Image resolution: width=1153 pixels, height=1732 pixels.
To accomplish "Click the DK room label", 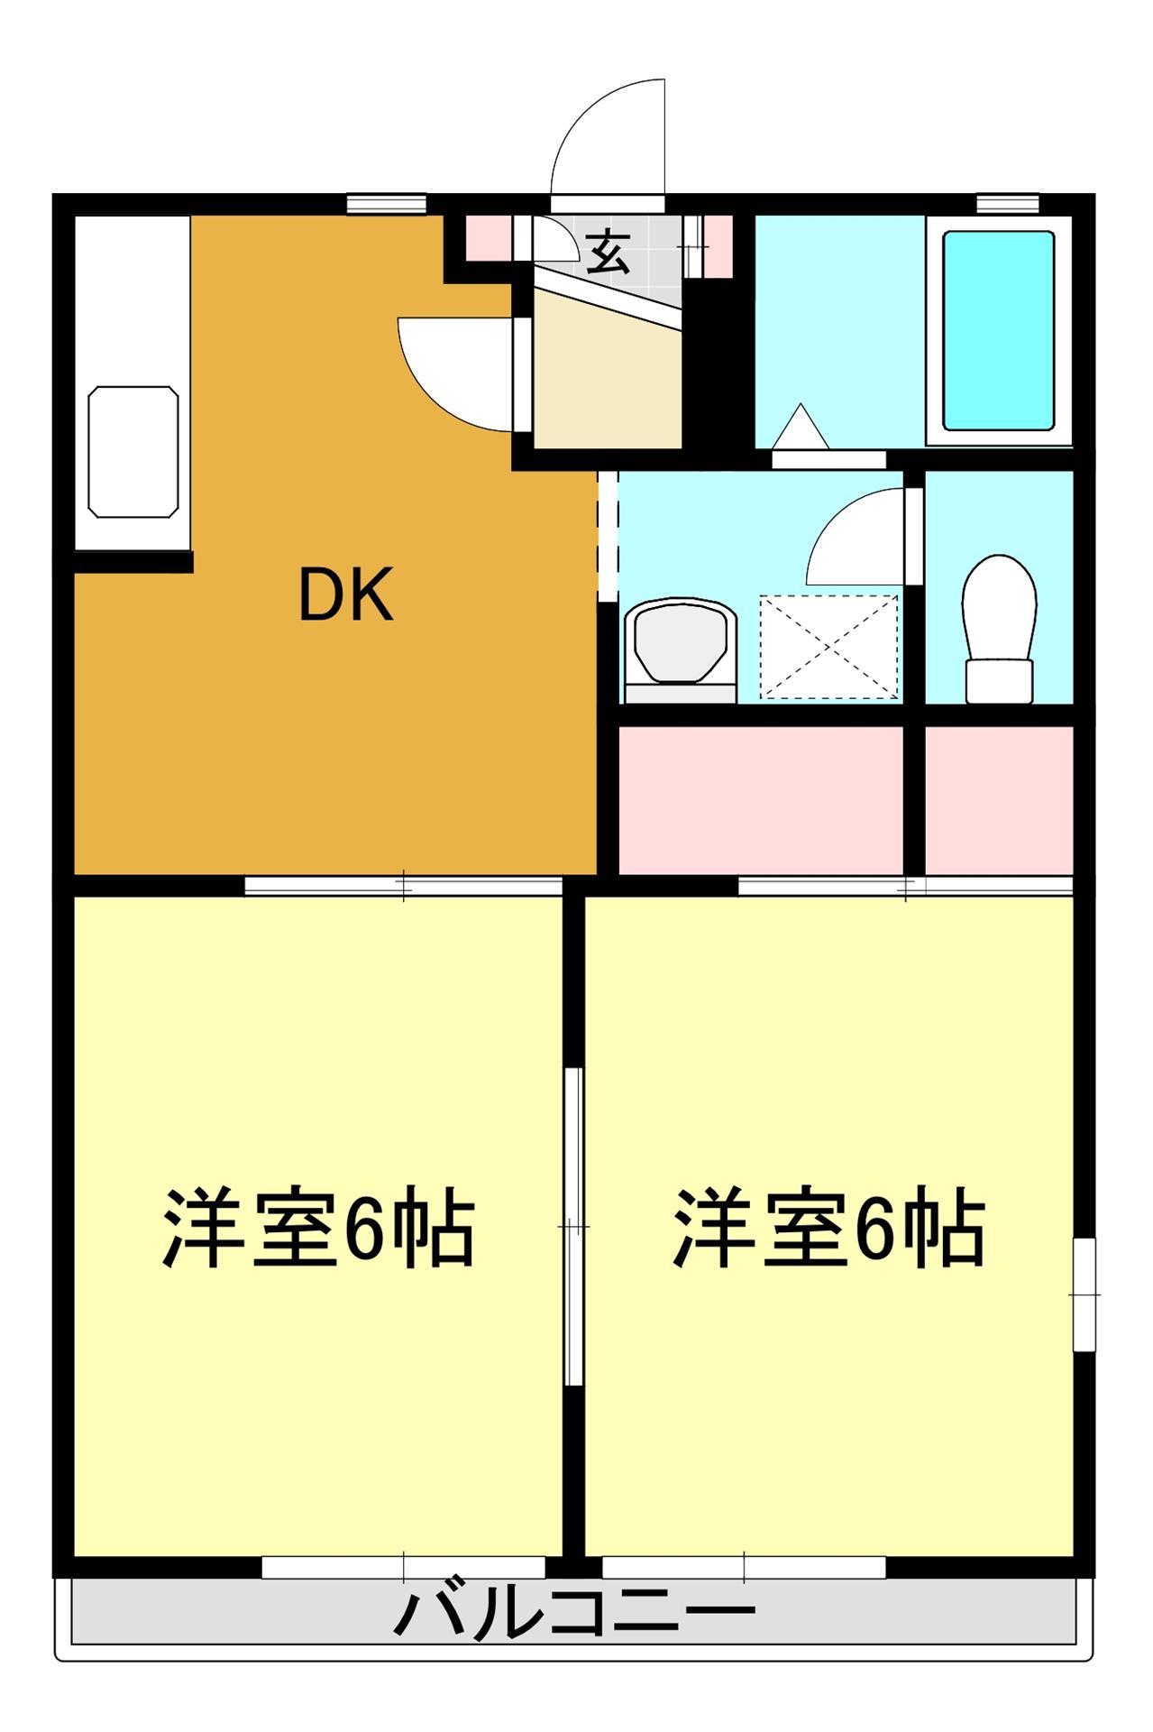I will [x=346, y=596].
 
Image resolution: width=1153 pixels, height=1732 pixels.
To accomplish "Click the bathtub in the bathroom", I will [x=998, y=331].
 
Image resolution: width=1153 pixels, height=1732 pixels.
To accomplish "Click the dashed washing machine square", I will [x=829, y=646].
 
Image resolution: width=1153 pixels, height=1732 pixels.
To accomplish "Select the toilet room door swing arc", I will [x=856, y=537].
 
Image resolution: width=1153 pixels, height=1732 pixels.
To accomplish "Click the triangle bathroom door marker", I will [x=800, y=426].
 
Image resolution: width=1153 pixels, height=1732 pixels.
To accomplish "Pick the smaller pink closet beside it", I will [x=999, y=799].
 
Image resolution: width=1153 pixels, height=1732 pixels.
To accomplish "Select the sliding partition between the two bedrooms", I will [x=573, y=1227].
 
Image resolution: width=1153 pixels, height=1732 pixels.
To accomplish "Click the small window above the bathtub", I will [x=1008, y=203].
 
